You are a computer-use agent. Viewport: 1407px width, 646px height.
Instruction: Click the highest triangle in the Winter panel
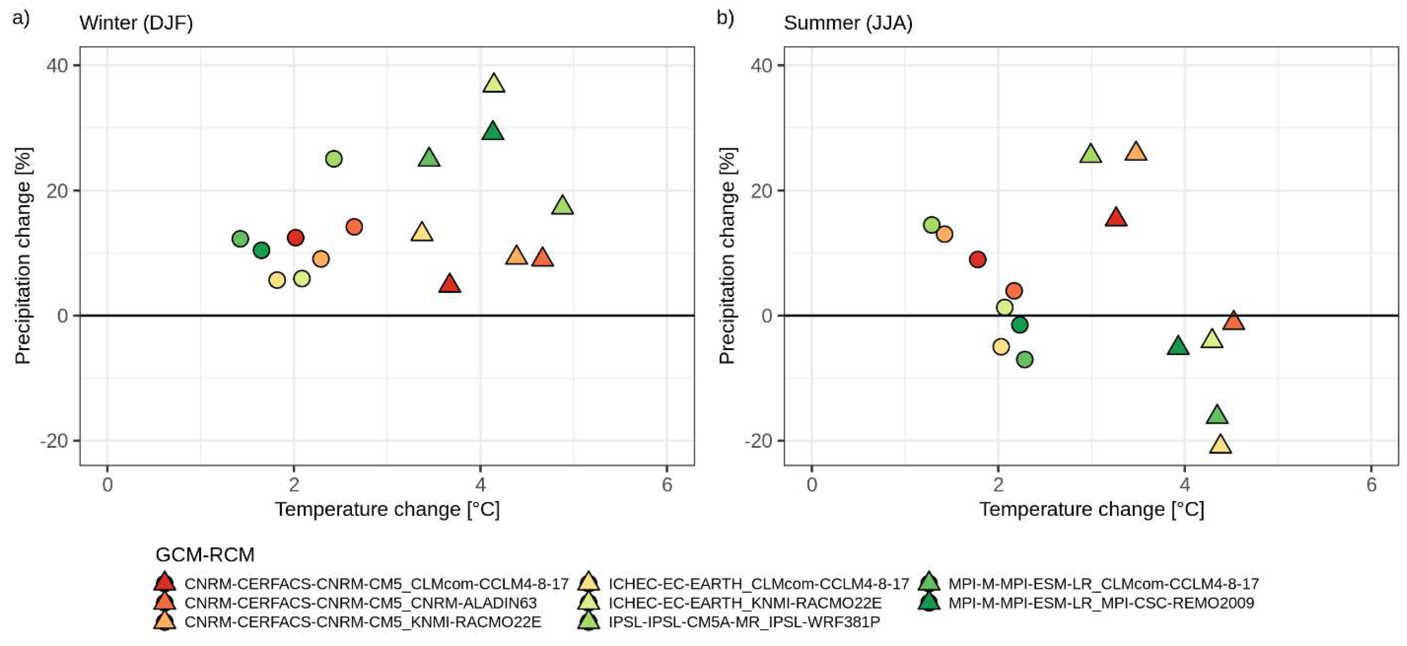pyautogui.click(x=494, y=83)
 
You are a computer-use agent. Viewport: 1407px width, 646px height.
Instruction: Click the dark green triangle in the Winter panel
pyautogui.click(x=493, y=132)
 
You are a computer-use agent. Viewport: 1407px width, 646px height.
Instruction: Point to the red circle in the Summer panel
pyautogui.click(x=978, y=259)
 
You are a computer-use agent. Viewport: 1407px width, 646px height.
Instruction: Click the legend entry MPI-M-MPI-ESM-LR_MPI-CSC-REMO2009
pyautogui.click(x=1101, y=603)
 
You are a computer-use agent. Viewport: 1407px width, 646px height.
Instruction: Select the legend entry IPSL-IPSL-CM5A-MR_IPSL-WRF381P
pyautogui.click(x=744, y=622)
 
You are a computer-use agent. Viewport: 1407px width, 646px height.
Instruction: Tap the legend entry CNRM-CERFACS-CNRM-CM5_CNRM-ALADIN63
pyautogui.click(x=361, y=603)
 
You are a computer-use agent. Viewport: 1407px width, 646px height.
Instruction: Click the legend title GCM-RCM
pyautogui.click(x=205, y=555)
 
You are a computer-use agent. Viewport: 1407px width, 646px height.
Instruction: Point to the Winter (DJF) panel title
pyautogui.click(x=136, y=23)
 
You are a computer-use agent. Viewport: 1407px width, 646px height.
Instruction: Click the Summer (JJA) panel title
pyautogui.click(x=848, y=23)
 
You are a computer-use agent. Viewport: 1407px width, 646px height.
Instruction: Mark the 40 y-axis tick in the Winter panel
pyautogui.click(x=57, y=65)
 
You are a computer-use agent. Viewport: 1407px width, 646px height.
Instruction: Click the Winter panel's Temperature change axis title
pyautogui.click(x=387, y=509)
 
